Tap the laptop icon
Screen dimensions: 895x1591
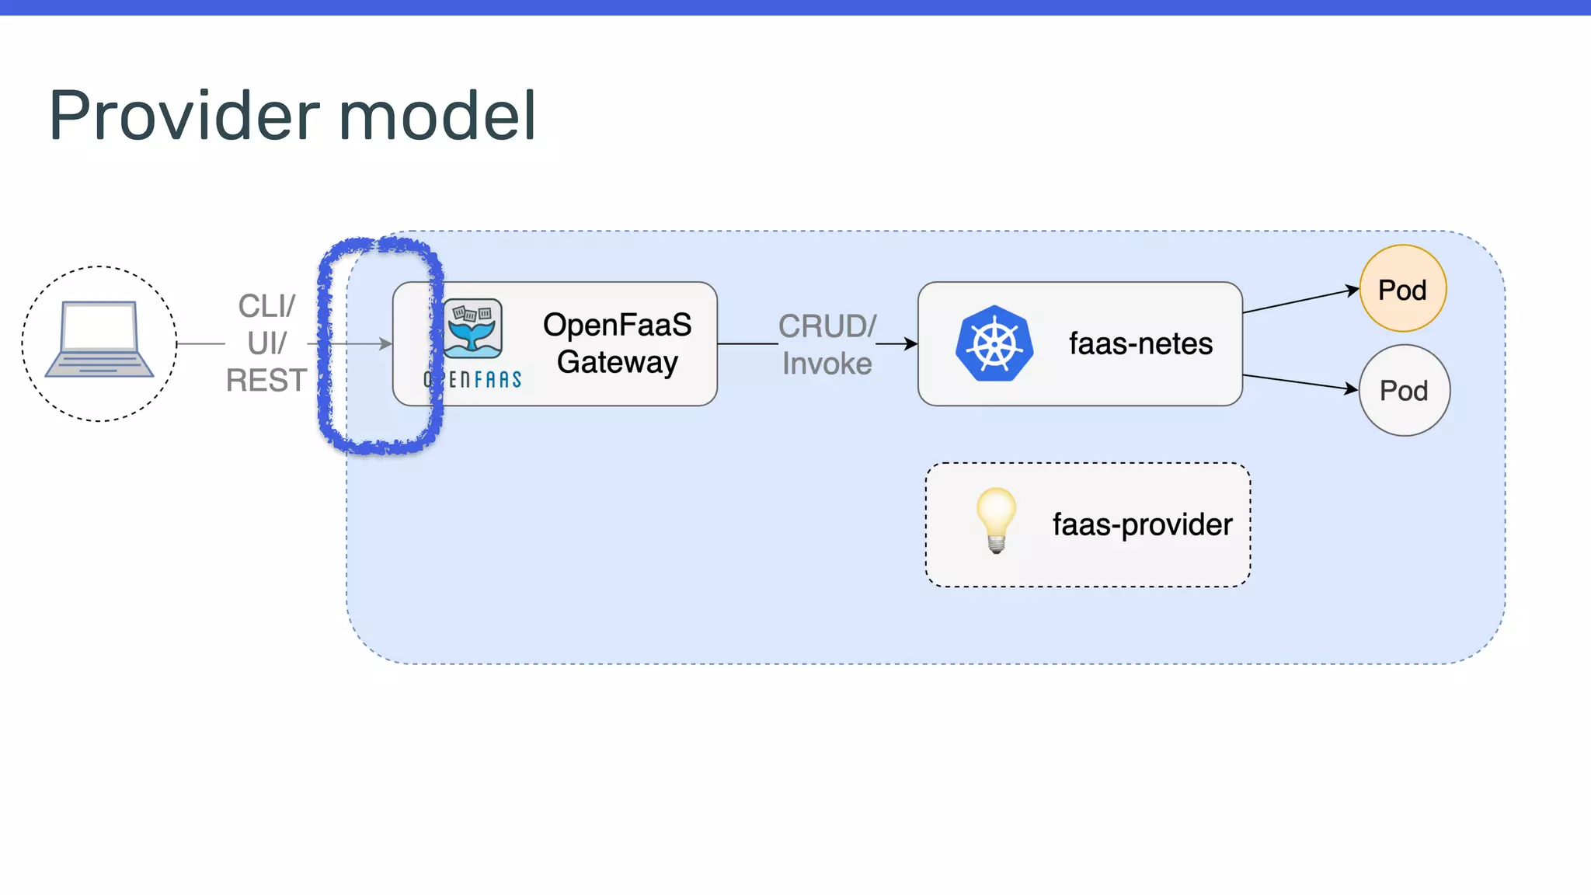point(99,340)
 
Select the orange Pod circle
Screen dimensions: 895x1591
point(1402,289)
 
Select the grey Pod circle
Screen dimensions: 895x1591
point(1404,390)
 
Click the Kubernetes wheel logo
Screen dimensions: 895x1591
point(994,343)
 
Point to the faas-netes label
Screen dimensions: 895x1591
point(1140,343)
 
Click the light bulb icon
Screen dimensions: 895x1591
point(996,519)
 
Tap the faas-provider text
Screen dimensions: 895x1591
point(1142,524)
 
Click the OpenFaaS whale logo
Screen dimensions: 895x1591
point(473,328)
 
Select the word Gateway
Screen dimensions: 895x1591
point(617,362)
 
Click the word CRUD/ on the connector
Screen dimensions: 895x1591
point(827,326)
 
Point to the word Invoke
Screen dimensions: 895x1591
point(827,364)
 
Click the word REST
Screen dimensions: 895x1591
point(266,381)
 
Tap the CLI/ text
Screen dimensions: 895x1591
point(266,306)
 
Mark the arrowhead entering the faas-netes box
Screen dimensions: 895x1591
point(910,343)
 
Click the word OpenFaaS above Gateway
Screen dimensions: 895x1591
point(617,325)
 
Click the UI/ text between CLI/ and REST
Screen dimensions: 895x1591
point(266,343)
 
